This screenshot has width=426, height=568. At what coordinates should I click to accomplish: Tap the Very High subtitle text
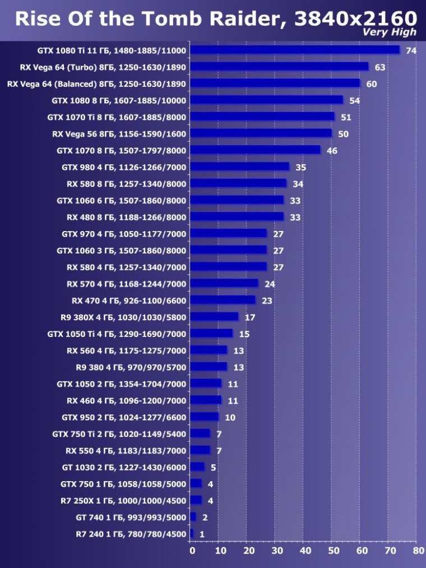(x=390, y=33)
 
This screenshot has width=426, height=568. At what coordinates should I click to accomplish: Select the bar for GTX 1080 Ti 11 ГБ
(x=295, y=50)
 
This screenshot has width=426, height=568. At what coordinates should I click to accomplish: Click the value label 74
(x=411, y=51)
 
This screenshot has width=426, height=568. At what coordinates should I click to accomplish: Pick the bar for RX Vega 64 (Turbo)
(x=279, y=67)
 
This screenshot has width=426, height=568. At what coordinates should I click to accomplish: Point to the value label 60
(x=372, y=84)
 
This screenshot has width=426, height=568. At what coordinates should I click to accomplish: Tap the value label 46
(x=332, y=151)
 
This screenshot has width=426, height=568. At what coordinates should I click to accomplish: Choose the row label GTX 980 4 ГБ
(x=124, y=167)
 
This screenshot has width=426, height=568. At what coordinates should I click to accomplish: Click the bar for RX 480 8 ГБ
(x=237, y=216)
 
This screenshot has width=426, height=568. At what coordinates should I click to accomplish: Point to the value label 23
(x=267, y=301)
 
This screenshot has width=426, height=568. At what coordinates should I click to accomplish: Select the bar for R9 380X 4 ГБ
(x=214, y=317)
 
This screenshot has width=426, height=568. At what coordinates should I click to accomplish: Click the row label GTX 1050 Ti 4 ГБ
(x=117, y=334)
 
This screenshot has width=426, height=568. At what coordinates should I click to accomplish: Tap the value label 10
(x=230, y=417)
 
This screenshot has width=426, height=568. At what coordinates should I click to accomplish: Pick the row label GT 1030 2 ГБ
(x=124, y=467)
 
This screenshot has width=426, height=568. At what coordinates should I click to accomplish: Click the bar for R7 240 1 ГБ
(x=192, y=533)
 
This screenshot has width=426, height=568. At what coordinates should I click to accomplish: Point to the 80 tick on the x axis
(x=418, y=551)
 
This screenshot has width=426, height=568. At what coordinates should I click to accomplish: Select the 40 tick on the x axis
(x=304, y=551)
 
